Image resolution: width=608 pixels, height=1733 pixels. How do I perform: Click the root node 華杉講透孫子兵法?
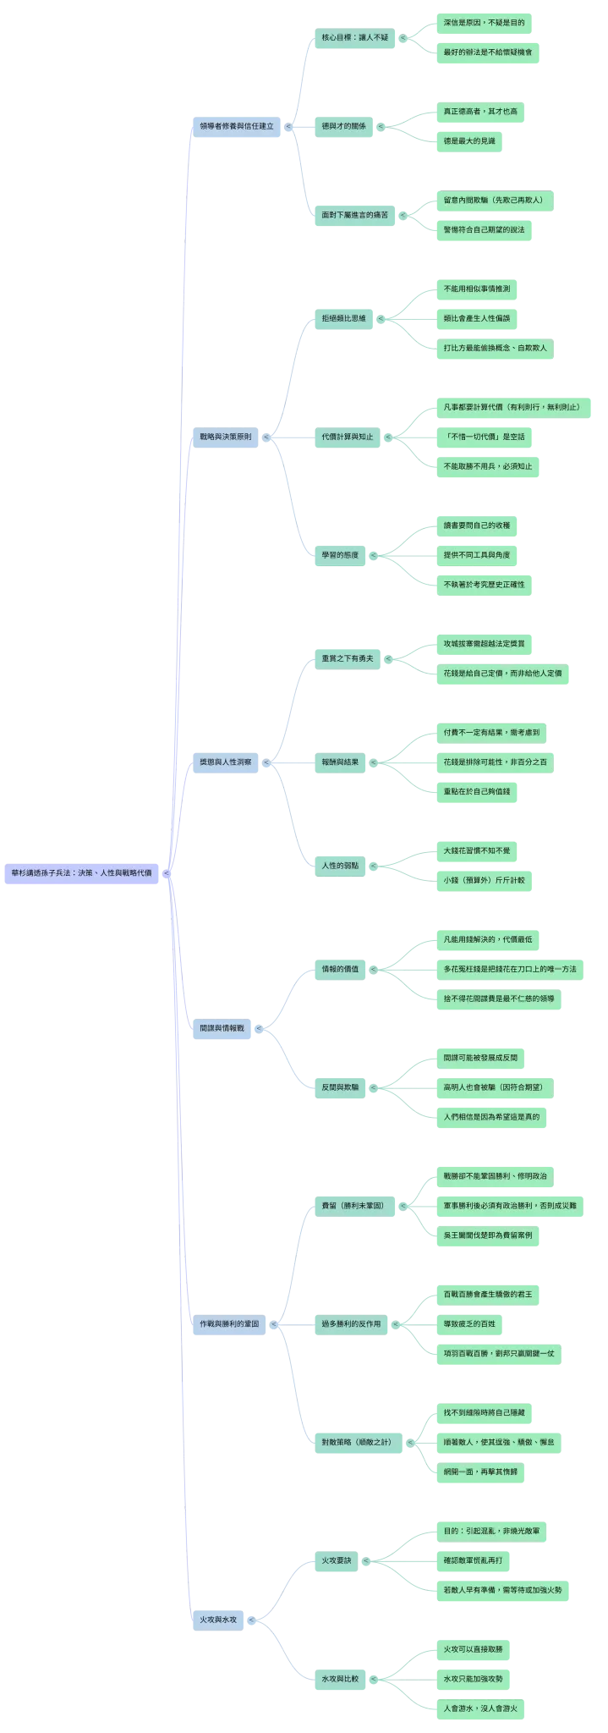click(x=81, y=873)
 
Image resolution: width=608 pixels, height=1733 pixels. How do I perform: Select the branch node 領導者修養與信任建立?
click(x=237, y=127)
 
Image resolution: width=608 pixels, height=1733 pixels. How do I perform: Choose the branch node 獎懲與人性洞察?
click(x=225, y=762)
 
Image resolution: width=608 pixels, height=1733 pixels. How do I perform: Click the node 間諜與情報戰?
click(x=222, y=1029)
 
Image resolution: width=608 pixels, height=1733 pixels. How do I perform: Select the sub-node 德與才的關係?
click(x=343, y=127)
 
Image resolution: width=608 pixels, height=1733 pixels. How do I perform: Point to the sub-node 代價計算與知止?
click(x=347, y=437)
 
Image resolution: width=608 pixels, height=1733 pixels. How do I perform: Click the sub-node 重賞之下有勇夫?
click(x=347, y=658)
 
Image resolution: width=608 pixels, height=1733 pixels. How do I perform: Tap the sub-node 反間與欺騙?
click(x=340, y=1087)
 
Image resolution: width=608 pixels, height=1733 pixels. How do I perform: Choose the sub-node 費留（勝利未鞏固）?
click(x=354, y=1206)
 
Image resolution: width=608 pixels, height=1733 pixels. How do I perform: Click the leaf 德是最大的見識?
click(x=469, y=142)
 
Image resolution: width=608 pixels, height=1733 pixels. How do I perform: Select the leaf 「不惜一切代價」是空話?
click(x=484, y=437)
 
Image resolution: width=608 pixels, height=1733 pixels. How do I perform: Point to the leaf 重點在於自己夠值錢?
click(x=477, y=792)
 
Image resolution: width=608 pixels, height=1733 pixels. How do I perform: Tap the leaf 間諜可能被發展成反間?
click(x=480, y=1058)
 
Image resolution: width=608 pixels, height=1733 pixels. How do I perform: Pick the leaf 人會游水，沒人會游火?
click(x=480, y=1708)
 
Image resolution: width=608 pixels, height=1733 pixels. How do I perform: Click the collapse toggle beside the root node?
click(x=167, y=873)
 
